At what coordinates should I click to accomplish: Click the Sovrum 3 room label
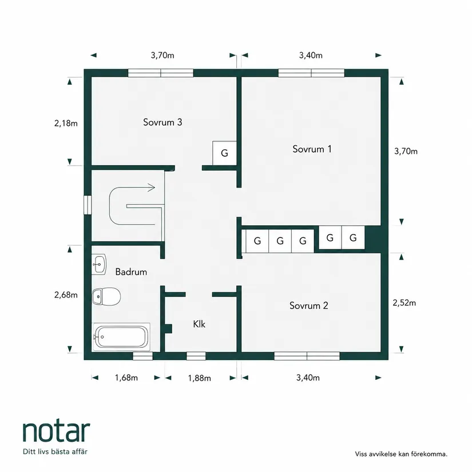162,122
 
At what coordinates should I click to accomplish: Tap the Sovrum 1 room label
312,149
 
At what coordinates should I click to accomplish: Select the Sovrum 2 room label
308,306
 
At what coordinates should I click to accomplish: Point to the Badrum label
131,272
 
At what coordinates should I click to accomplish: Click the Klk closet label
199,324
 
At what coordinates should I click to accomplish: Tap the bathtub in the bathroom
121,337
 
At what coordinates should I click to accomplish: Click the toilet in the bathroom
106,296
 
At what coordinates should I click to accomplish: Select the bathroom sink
99,264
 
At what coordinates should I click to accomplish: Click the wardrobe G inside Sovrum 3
224,153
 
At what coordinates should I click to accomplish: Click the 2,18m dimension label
66,123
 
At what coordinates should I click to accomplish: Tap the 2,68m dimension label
66,295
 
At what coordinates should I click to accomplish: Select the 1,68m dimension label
126,378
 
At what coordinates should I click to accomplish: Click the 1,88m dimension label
199,378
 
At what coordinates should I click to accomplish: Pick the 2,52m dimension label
404,303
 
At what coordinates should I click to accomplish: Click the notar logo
56,431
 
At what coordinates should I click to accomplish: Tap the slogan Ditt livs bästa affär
55,451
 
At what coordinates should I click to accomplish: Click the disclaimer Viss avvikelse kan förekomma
401,454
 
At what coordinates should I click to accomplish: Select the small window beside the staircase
88,205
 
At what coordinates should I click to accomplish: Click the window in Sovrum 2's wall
307,356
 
